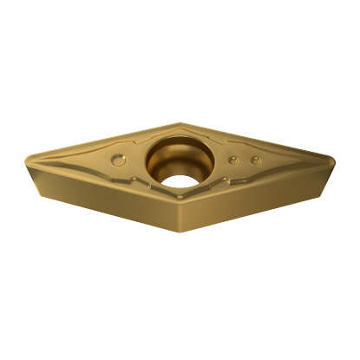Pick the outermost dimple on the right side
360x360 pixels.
point(254,160)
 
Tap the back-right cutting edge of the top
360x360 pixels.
point(258,140)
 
